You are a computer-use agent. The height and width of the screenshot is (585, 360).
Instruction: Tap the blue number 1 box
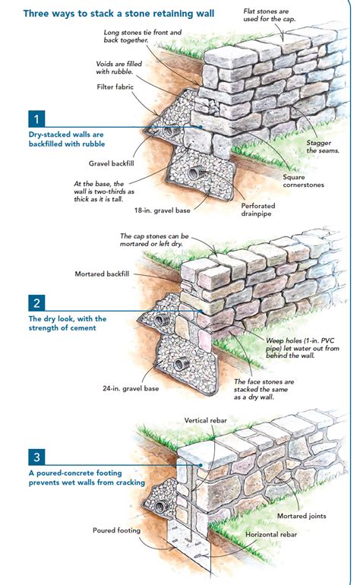click(35, 119)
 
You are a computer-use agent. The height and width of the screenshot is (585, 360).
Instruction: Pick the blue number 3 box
click(35, 457)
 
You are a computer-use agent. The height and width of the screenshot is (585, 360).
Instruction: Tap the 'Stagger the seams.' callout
click(323, 146)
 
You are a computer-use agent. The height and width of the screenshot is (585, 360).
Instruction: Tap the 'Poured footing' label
click(117, 530)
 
